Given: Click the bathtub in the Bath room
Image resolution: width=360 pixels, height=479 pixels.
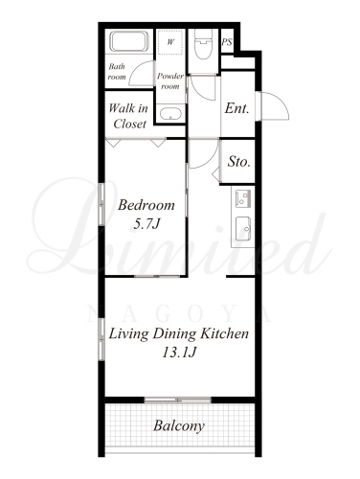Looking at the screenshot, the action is click(x=129, y=41).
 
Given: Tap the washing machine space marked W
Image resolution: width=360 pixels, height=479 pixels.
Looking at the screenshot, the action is click(x=170, y=42).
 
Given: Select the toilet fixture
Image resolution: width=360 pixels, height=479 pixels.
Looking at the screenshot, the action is click(x=203, y=44).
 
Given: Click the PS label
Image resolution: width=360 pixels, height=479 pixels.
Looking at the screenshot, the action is click(x=227, y=42).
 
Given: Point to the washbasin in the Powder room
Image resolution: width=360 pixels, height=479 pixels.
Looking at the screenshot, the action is click(x=170, y=114).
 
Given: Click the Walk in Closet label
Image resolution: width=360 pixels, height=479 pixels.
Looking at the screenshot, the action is click(x=128, y=116).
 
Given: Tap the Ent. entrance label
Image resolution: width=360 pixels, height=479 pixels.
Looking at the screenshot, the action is click(x=236, y=108).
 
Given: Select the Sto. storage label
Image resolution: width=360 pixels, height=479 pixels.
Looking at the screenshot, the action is click(x=238, y=162).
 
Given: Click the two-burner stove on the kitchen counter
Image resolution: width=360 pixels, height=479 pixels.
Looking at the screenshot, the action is click(x=243, y=198).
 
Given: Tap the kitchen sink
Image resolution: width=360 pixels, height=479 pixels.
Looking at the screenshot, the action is click(x=243, y=229).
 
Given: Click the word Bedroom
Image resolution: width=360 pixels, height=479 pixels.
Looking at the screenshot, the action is click(x=146, y=205).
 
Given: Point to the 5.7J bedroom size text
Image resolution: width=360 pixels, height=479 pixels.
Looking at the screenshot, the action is click(x=146, y=224).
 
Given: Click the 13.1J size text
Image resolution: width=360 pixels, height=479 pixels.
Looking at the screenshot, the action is click(x=179, y=353).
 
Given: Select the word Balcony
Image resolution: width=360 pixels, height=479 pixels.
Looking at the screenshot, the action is click(x=179, y=426).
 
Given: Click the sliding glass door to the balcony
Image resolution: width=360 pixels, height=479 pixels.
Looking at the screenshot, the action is click(x=177, y=399).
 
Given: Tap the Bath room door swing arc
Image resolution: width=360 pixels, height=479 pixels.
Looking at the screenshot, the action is click(x=141, y=72).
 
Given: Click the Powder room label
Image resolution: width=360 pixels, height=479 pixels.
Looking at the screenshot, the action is click(x=170, y=81).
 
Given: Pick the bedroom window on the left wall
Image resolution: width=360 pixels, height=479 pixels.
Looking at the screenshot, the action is click(x=101, y=204).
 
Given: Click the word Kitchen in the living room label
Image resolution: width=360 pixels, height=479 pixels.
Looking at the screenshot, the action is click(x=225, y=333).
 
